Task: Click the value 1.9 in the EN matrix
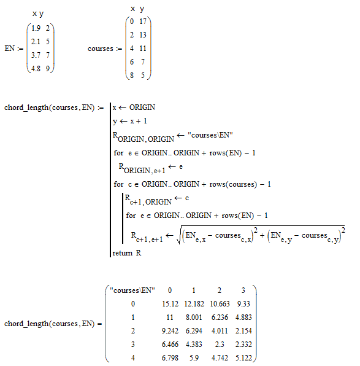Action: [36, 28]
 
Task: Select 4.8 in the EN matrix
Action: [36, 69]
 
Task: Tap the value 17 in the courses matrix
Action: [143, 21]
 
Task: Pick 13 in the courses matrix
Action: [143, 35]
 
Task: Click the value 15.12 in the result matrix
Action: [170, 304]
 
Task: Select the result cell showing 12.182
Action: [194, 304]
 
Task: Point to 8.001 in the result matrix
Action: [194, 317]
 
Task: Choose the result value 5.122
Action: [243, 358]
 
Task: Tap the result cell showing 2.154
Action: [243, 331]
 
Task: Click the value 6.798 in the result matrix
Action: [170, 358]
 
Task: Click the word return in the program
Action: [123, 253]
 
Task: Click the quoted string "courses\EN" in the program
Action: [210, 135]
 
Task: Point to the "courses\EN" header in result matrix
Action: [132, 290]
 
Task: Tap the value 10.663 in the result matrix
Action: [220, 304]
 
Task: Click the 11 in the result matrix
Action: [170, 317]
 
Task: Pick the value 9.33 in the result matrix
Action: [243, 304]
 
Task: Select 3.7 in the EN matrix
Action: [36, 55]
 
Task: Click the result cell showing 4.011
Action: [220, 331]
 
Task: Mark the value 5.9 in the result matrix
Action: [194, 358]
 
